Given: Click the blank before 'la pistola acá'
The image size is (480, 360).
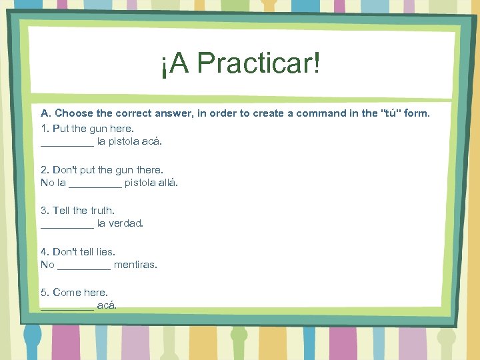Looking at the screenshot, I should click(67, 143).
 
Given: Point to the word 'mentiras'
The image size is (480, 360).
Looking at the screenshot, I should click(135, 265).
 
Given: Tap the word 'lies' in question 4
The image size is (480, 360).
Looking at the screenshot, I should click(105, 252).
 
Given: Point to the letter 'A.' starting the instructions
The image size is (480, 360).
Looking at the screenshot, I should click(46, 113).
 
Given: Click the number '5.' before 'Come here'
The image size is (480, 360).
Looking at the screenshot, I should click(45, 293).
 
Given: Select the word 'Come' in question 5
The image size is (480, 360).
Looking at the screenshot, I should click(65, 293).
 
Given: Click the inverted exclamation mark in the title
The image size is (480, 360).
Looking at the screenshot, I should click(164, 65).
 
